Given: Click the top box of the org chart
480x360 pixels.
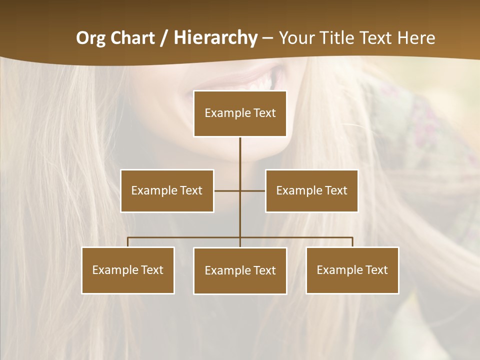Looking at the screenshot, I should [x=240, y=113].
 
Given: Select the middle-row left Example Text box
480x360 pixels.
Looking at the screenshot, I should [x=167, y=190].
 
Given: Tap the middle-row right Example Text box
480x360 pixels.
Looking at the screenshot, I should [x=311, y=190].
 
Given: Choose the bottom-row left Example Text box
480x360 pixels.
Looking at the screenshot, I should [x=128, y=270].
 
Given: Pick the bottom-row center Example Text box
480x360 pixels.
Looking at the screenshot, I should [x=240, y=270].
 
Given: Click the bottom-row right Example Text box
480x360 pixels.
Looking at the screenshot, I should [x=352, y=270].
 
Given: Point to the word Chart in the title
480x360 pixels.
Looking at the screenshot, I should [x=132, y=38].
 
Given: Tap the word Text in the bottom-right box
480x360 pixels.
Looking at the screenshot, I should [x=376, y=270].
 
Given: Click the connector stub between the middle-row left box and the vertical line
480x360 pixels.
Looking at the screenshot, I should [x=226, y=190].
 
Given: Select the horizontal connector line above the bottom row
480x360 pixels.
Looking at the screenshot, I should [x=185, y=237].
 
